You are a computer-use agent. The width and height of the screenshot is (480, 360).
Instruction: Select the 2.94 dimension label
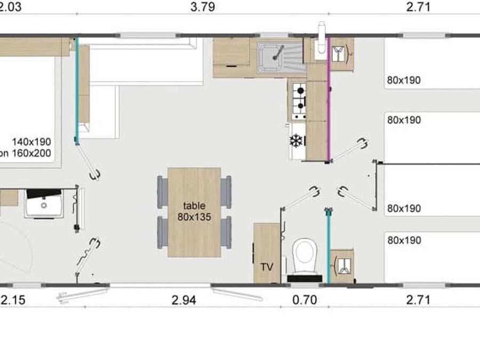[183, 300]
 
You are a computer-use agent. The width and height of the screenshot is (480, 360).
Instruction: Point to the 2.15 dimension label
[12, 300]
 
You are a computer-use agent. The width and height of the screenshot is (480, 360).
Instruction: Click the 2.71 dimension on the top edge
[418, 7]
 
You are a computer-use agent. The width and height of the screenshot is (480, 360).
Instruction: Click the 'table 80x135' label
[194, 211]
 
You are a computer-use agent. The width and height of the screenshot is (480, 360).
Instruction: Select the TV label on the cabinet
[266, 267]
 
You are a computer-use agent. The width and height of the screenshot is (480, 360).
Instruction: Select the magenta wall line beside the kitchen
[329, 99]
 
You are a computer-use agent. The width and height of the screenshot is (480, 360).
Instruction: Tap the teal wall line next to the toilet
[329, 245]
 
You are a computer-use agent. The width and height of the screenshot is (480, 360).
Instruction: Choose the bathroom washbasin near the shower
[44, 203]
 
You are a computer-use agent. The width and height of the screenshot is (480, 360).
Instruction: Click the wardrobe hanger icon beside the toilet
[341, 265]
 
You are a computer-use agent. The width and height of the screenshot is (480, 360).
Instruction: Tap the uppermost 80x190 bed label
[404, 81]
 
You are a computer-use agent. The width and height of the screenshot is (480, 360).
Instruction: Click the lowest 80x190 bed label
[404, 241]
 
